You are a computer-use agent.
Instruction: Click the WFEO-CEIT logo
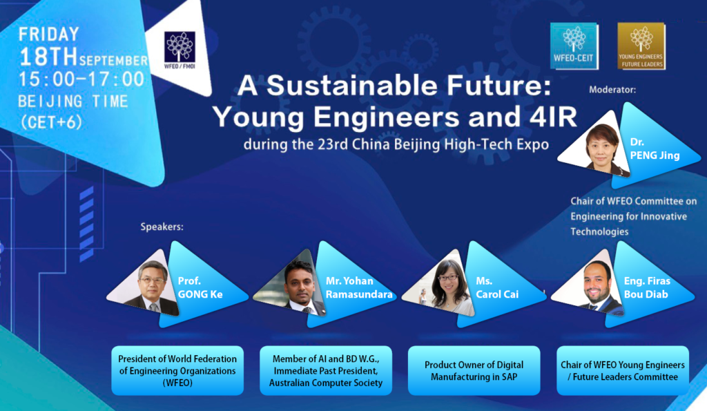click(574, 46)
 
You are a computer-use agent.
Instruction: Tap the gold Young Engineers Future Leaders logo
click(641, 46)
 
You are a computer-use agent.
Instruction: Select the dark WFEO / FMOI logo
click(180, 50)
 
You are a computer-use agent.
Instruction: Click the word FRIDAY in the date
click(49, 35)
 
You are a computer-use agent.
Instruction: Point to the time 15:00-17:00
click(81, 79)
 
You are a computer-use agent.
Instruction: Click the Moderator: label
click(612, 90)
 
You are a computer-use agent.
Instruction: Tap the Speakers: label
click(162, 227)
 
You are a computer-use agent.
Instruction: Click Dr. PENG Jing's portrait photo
click(596, 146)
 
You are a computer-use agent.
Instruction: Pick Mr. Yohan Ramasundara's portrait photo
click(291, 284)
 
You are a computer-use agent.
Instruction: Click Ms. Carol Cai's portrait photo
click(439, 284)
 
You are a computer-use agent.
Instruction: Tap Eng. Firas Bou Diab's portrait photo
click(589, 284)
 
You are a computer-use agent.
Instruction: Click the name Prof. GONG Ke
click(200, 287)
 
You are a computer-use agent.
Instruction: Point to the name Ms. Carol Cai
click(497, 287)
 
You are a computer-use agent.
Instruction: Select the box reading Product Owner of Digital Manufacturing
click(474, 371)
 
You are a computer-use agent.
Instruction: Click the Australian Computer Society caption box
click(326, 371)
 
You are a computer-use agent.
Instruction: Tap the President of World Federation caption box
click(177, 371)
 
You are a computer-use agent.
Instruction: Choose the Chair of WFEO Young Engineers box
click(623, 371)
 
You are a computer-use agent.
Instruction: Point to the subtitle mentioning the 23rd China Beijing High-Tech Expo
click(396, 144)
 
